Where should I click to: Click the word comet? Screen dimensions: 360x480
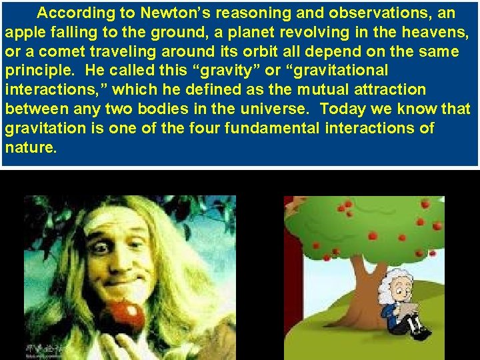pyautogui.click(x=63, y=51)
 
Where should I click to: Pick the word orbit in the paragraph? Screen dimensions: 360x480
pyautogui.click(x=256, y=51)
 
